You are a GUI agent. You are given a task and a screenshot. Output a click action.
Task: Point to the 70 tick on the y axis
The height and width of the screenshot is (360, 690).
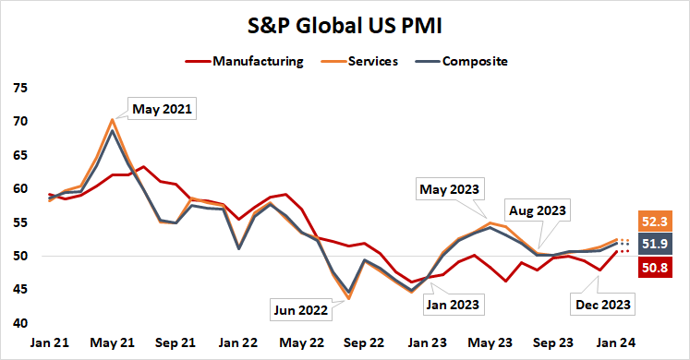19,122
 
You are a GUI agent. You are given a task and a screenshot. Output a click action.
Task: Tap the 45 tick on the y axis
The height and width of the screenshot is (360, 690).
19,290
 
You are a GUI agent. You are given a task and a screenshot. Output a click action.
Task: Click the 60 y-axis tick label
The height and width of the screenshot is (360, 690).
19,189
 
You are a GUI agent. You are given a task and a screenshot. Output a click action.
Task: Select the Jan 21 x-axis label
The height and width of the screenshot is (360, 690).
52,342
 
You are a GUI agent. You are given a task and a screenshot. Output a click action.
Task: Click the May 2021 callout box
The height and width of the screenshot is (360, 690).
162,110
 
